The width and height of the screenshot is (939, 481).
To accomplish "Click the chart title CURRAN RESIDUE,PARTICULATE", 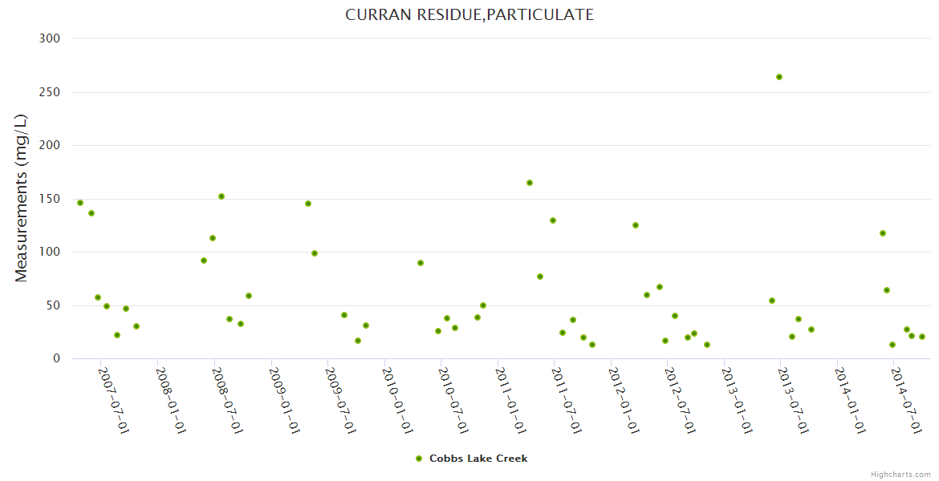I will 469,14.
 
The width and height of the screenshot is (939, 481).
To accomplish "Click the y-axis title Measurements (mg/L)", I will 22,198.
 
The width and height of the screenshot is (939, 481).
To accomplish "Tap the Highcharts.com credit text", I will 901,475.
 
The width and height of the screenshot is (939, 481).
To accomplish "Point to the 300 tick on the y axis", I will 51,38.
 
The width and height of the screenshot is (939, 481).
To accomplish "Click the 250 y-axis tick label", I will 51,92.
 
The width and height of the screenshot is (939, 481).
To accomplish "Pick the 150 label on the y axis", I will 51,199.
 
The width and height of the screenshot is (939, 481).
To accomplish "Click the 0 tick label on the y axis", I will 56,358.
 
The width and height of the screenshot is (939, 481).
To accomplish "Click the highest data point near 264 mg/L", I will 779,77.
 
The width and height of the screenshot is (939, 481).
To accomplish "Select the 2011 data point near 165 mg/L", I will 530,183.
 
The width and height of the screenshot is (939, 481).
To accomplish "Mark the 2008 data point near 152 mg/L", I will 222,196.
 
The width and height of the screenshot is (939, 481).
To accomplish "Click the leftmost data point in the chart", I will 80,203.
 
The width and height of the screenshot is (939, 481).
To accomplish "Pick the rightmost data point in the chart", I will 922,337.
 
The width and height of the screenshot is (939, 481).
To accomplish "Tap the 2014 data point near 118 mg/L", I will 883,233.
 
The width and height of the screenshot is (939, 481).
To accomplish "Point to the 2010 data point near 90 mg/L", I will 421,263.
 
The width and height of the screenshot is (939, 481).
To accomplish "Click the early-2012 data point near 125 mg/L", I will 636,225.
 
